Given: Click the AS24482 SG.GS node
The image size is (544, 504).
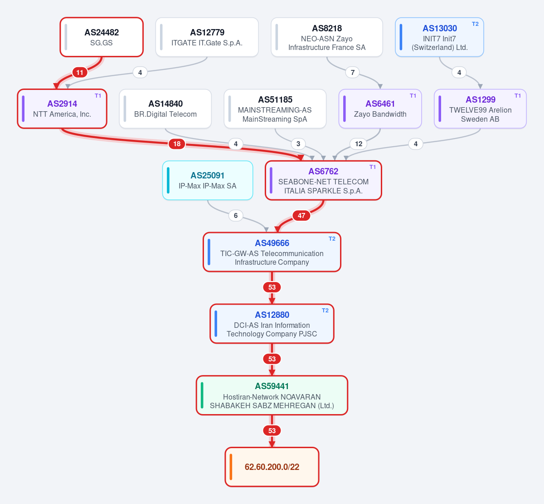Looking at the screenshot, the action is (x=102, y=37).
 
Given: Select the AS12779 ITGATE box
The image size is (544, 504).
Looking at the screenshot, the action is (x=207, y=37).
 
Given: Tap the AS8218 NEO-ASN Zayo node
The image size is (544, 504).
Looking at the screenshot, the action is (x=327, y=37).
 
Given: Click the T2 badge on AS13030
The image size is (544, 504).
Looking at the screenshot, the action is (x=475, y=24).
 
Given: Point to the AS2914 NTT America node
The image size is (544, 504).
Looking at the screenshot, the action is (x=62, y=109).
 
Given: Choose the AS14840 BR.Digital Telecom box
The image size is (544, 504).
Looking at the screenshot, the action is (x=165, y=109).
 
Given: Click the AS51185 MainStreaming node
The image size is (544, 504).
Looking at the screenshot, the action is (x=275, y=109).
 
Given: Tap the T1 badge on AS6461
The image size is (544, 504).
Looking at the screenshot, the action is (x=413, y=96).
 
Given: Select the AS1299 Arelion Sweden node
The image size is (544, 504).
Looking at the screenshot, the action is (x=480, y=109).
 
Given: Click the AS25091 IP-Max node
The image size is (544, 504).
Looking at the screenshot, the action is (x=208, y=180).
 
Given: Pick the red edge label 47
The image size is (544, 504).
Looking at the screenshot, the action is (x=301, y=216).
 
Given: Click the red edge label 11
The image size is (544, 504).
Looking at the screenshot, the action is (x=80, y=73).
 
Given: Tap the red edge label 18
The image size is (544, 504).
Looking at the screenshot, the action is (x=177, y=144).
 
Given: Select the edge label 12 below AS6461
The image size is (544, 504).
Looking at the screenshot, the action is (x=359, y=144).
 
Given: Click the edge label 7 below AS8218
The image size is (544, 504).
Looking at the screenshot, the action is (x=353, y=73).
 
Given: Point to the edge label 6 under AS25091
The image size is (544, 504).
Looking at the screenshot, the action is (x=236, y=216).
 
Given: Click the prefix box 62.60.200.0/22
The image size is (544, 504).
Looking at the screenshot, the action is (x=272, y=467).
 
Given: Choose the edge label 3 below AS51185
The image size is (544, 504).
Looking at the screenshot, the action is (x=298, y=144).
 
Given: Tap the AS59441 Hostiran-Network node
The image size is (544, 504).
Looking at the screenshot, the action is (x=272, y=395).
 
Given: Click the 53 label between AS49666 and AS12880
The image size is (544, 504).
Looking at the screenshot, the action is (x=272, y=287).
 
